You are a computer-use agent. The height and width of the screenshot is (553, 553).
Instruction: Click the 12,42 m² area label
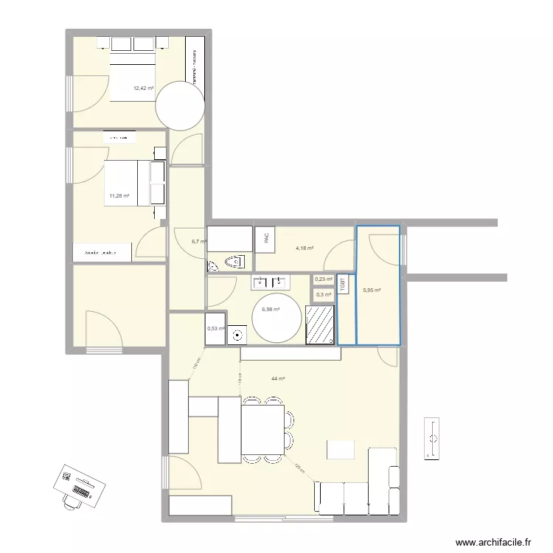click(x=143, y=88)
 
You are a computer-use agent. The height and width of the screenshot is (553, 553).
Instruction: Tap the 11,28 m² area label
click(x=119, y=196)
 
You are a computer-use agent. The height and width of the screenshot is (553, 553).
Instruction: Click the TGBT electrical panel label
click(x=344, y=284)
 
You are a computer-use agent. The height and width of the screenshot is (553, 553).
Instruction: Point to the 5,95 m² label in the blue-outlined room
click(x=372, y=291)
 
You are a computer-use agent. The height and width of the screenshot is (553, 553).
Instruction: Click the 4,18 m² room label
click(x=305, y=248)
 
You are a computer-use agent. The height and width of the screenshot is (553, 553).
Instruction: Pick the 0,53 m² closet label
click(x=215, y=329)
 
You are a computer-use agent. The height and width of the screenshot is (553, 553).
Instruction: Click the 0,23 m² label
click(x=323, y=279)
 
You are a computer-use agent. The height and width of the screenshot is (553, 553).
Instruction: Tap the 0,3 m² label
click(x=323, y=295)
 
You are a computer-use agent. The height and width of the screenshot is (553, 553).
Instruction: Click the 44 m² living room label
click(x=277, y=379)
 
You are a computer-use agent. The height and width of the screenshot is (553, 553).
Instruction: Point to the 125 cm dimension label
click(x=299, y=470)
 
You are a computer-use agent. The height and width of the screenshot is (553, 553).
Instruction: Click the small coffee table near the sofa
click(x=341, y=449)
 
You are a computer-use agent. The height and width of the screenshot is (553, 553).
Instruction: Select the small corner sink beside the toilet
click(x=214, y=265)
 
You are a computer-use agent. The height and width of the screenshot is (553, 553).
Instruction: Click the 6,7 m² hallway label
click(x=198, y=241)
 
